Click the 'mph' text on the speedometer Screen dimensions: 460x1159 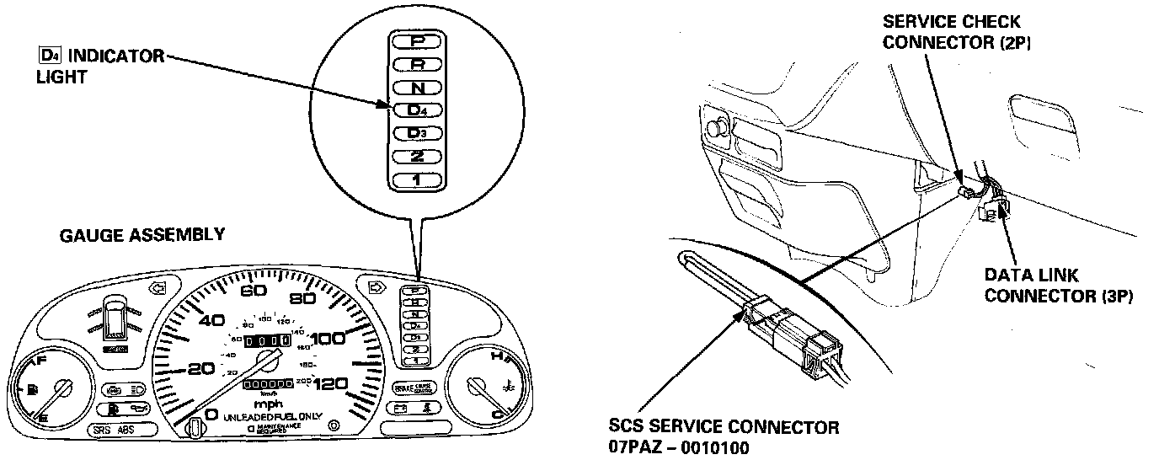tap(268, 403)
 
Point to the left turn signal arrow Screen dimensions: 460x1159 tap(157, 288)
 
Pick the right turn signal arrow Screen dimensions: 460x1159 tap(376, 288)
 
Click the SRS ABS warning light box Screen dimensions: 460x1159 tap(115, 430)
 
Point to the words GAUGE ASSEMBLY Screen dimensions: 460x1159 tap(142, 235)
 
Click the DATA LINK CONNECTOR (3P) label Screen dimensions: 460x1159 tap(1058, 286)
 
